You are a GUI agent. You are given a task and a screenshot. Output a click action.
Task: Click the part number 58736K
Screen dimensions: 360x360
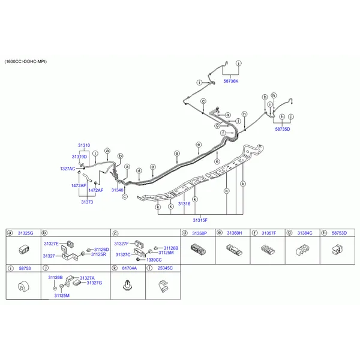[x=231, y=81]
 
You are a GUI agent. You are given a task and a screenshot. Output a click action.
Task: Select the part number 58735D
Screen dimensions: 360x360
[x=283, y=129]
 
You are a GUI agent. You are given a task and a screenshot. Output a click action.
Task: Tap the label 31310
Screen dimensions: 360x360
[x=84, y=145]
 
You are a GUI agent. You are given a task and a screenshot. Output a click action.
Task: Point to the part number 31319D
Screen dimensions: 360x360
[x=79, y=157]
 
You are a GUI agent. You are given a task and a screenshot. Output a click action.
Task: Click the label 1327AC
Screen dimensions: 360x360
[x=67, y=169]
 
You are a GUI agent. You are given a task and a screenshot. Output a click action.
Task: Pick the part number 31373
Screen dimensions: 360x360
[x=87, y=202]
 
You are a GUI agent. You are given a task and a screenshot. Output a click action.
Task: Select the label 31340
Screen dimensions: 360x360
[x=118, y=190]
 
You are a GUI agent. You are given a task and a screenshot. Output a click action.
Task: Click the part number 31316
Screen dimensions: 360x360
[x=184, y=203]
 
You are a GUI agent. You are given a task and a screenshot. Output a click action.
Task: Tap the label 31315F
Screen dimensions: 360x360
[x=200, y=220]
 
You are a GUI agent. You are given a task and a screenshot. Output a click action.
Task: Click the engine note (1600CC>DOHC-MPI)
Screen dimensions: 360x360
[x=26, y=62]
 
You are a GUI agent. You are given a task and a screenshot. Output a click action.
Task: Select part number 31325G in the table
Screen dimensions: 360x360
[x=25, y=233]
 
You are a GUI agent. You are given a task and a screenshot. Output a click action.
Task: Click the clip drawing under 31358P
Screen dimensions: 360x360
[x=198, y=250]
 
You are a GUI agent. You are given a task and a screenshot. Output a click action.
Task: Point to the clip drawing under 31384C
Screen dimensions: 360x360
[x=302, y=250]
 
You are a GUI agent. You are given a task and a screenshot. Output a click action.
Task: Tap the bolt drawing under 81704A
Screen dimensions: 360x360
[x=128, y=286]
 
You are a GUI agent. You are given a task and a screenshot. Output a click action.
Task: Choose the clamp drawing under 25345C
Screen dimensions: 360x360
[x=163, y=286]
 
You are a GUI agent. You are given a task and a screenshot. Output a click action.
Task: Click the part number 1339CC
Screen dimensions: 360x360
[x=154, y=260]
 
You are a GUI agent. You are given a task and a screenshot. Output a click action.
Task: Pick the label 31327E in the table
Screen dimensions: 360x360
[x=51, y=244]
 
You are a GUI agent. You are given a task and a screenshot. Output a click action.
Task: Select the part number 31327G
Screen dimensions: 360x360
[x=94, y=283]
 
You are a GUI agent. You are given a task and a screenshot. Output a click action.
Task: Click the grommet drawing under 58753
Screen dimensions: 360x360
[x=23, y=286]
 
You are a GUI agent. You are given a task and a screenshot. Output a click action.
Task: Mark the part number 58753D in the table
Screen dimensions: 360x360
[x=339, y=233]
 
